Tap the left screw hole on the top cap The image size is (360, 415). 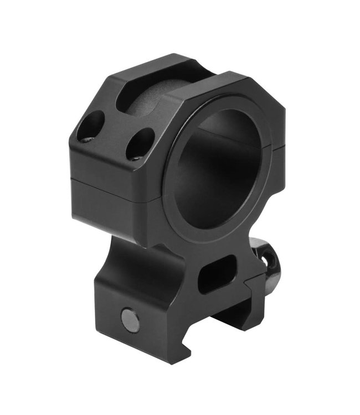pyautogui.click(x=91, y=126)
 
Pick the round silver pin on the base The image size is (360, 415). pyautogui.click(x=131, y=321)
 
